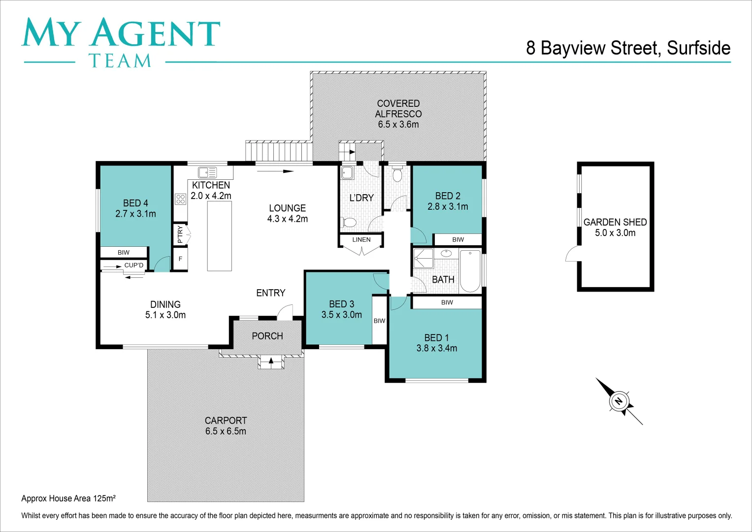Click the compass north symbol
coord(619,401)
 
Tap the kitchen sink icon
coord(207,172)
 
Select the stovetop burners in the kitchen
coord(180,199)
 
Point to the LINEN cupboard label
coord(361,240)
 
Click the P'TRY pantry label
coord(180,234)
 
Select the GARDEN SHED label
coord(615,222)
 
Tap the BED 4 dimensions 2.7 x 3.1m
coord(135,214)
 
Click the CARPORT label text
coord(226,420)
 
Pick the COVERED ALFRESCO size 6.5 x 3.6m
coord(398,125)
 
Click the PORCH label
coord(267,336)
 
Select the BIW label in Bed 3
coord(379,321)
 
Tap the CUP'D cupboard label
coord(134,265)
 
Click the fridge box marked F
coord(180,259)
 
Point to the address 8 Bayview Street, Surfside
coord(628,48)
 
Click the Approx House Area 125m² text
coord(68,499)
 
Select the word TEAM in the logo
coord(120,61)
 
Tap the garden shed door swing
coord(573,254)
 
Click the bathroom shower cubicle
coord(423,258)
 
